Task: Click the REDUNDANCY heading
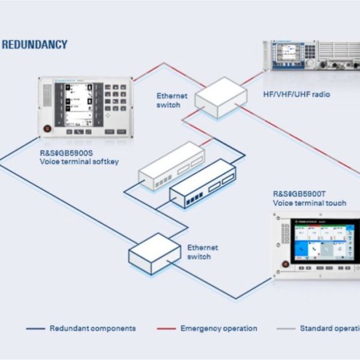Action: coord(34,44)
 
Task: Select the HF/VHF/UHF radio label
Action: coord(296,95)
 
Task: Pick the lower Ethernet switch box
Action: coord(155,252)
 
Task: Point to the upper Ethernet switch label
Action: coord(172,100)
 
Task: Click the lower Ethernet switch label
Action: coord(203,252)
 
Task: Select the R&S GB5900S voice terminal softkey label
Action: coord(68,157)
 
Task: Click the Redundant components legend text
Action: coord(92,329)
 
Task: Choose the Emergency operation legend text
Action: coord(218,329)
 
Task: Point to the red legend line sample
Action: coord(166,329)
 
